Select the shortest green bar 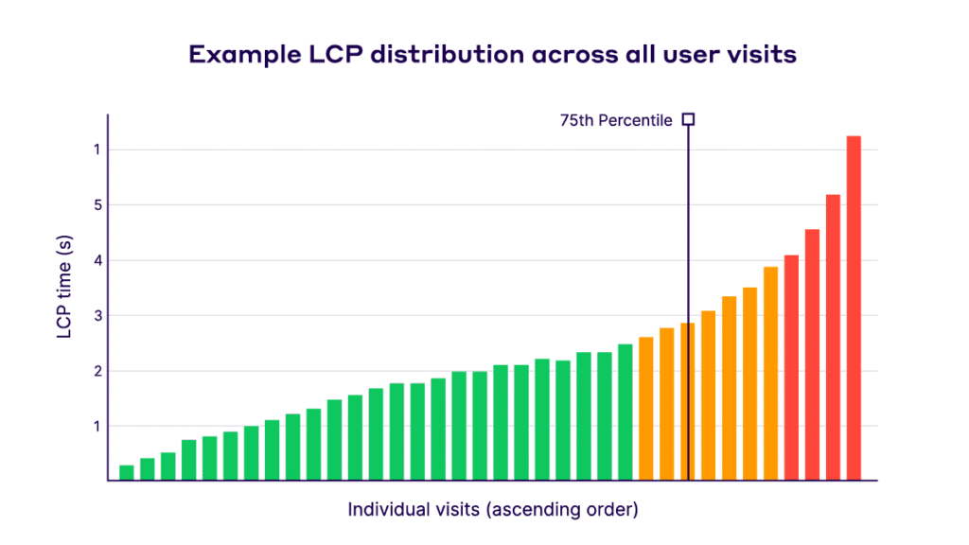(x=127, y=473)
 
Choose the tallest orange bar (x=771, y=374)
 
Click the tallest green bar (x=625, y=413)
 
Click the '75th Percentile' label (x=616, y=120)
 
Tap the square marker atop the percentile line (x=688, y=119)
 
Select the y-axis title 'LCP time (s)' (x=65, y=289)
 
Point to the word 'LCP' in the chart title (x=328, y=54)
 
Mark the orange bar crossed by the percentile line (x=687, y=401)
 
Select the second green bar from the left (x=148, y=469)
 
